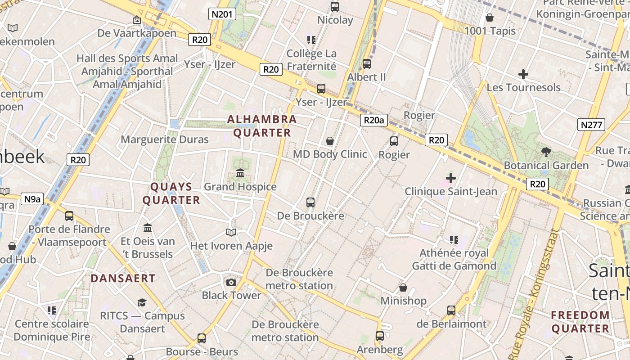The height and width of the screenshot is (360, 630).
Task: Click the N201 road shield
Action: [x=222, y=14]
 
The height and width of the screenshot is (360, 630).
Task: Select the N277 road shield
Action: [x=591, y=125]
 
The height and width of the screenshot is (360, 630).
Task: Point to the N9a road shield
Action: [x=32, y=199]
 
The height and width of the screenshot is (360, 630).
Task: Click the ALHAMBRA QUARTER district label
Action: [x=262, y=126]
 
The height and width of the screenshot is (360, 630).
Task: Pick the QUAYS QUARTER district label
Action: [x=171, y=193]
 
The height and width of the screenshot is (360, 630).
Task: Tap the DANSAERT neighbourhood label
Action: [x=123, y=278]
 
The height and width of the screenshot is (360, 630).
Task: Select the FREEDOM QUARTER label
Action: [x=580, y=322]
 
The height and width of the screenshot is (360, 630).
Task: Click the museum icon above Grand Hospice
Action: [x=240, y=173]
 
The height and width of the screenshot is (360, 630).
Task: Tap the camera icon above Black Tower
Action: [x=231, y=282]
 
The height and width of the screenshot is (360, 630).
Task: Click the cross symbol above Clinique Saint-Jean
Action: [x=451, y=178]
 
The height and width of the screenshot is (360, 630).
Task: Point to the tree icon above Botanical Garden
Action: [x=546, y=152]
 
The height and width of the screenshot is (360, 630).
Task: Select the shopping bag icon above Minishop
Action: [x=403, y=288]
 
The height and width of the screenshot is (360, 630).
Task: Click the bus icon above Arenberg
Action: [x=380, y=336]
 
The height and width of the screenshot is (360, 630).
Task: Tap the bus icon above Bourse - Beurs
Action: [x=202, y=338]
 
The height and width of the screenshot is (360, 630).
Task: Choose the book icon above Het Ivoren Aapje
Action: [x=231, y=233]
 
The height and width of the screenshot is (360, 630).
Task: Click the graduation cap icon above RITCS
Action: [x=142, y=302]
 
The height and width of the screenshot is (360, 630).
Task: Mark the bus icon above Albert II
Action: [x=367, y=64]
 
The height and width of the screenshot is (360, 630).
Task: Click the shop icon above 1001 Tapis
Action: [x=490, y=18]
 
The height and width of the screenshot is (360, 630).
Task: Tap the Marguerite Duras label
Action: [x=165, y=139]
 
